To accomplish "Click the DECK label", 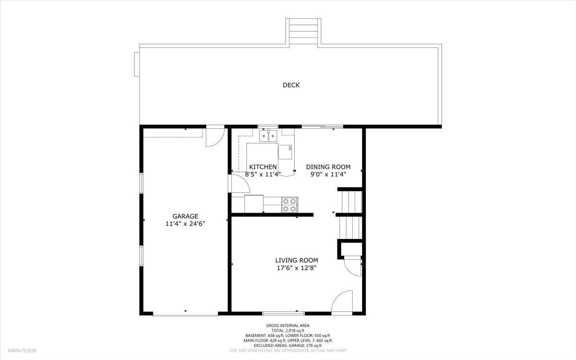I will point(291,85).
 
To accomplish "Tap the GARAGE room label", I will point(185,216).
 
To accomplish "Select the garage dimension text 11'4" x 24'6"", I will point(185,224).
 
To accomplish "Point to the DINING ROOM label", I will point(328,167).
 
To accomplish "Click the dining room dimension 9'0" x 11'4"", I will point(328,175).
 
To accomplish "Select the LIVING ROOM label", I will point(296,260).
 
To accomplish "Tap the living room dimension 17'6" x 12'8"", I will point(296,268).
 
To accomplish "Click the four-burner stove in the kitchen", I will point(289,204).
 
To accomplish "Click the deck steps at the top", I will point(303,32).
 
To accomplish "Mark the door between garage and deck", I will point(215,137).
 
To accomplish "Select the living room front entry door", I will point(342,302).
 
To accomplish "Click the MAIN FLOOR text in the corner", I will point(22,351).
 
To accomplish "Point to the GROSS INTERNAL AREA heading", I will point(294,325).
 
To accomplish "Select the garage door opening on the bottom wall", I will point(185,315).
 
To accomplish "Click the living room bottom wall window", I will point(283,313).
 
